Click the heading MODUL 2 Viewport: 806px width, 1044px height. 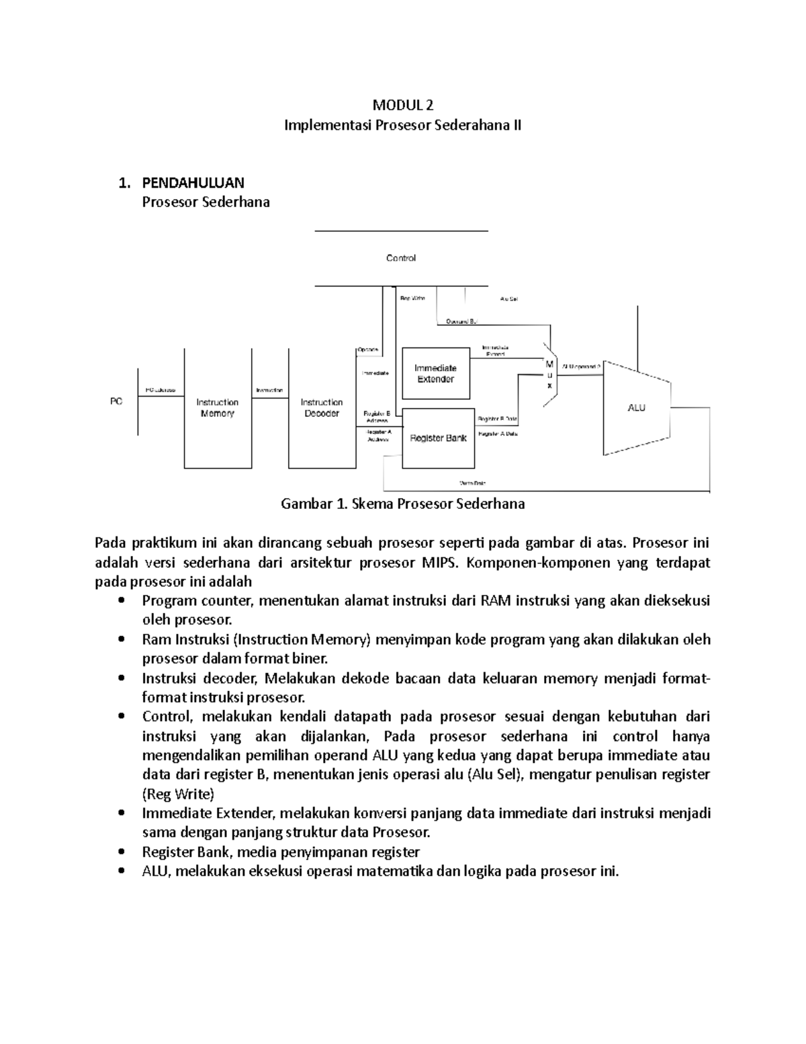tap(403, 105)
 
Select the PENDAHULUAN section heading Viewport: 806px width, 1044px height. tap(193, 183)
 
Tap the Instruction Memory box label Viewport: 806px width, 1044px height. tap(217, 407)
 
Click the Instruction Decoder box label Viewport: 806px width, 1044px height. tap(322, 407)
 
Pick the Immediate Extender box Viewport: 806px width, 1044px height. tap(435, 373)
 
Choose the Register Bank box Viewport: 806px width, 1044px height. tap(438, 438)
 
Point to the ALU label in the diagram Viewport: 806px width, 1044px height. tap(636, 407)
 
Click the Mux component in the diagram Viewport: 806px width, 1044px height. tap(550, 374)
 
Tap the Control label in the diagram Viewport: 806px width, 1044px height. tap(401, 258)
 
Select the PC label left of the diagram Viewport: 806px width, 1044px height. tap(116, 401)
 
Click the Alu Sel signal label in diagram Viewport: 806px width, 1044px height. tap(509, 298)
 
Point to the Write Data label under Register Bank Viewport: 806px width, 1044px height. tap(472, 483)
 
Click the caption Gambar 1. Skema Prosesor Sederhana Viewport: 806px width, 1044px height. tap(402, 504)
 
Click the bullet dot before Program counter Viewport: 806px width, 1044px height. tap(121, 601)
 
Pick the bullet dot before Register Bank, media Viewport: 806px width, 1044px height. tap(121, 852)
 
